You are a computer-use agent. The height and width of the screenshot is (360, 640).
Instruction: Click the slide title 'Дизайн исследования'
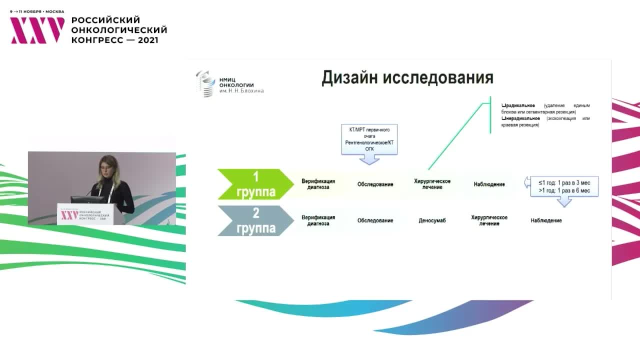coord(407,78)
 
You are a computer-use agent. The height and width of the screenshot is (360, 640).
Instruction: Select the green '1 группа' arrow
coord(255,184)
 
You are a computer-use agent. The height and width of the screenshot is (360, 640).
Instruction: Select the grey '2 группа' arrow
coord(255,220)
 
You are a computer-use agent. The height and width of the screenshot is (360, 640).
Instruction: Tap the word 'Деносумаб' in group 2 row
coord(431,220)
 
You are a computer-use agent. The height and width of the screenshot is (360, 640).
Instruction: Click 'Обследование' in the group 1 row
coord(375,184)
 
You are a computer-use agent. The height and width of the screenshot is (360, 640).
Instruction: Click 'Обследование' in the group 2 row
coord(375,220)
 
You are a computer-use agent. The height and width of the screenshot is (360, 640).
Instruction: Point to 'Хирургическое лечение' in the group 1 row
coord(432,184)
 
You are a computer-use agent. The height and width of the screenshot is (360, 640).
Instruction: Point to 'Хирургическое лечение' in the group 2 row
coord(489,220)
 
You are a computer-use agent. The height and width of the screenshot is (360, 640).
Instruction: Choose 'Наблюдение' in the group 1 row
coord(489,184)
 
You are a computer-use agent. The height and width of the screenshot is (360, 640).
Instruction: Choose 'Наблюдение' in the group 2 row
coord(546,220)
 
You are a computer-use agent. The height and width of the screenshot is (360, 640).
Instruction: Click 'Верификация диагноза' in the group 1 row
coord(318,184)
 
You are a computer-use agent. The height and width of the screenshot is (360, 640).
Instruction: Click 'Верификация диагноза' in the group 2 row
coord(318,220)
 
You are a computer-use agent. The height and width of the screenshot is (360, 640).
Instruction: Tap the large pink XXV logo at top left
coord(37,30)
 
